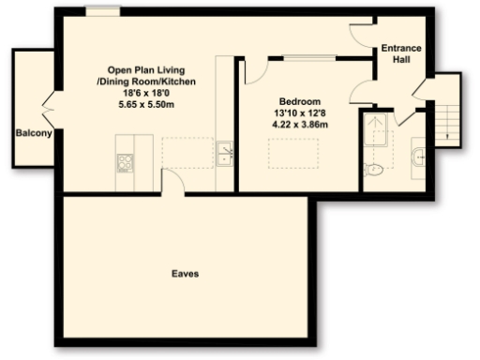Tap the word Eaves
pyautogui.click(x=184, y=274)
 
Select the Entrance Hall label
pyautogui.click(x=401, y=54)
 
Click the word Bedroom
pyautogui.click(x=300, y=101)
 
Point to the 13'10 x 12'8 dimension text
pyautogui.click(x=300, y=112)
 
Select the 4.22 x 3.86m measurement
pyautogui.click(x=300, y=124)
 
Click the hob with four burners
pyautogui.click(x=126, y=162)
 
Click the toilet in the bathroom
pyautogui.click(x=373, y=170)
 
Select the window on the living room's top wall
pyautogui.click(x=97, y=11)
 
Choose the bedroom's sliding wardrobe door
pyautogui.click(x=311, y=58)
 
